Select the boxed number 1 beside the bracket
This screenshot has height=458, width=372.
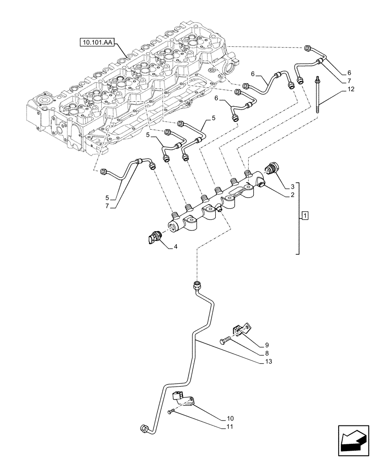pos(306,215)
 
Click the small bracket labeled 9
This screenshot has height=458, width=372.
pos(241,329)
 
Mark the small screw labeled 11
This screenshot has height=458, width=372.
pos(170,413)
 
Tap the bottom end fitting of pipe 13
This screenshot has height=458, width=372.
pos(144,429)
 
